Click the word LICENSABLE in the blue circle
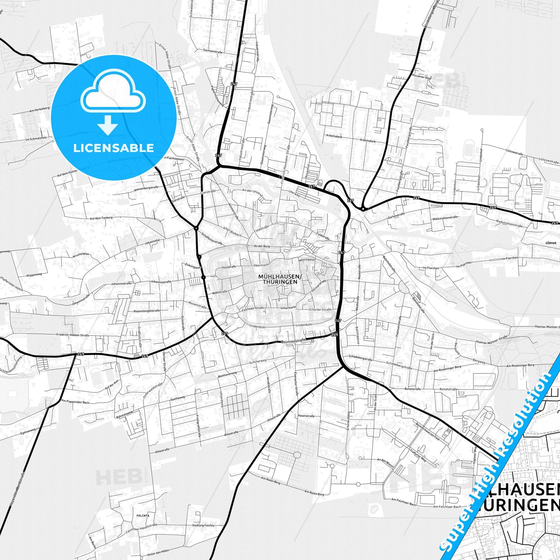114,148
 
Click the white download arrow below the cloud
108,125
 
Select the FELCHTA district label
143,516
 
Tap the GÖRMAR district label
550,243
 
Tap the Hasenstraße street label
306,416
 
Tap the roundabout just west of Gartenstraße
363,209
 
